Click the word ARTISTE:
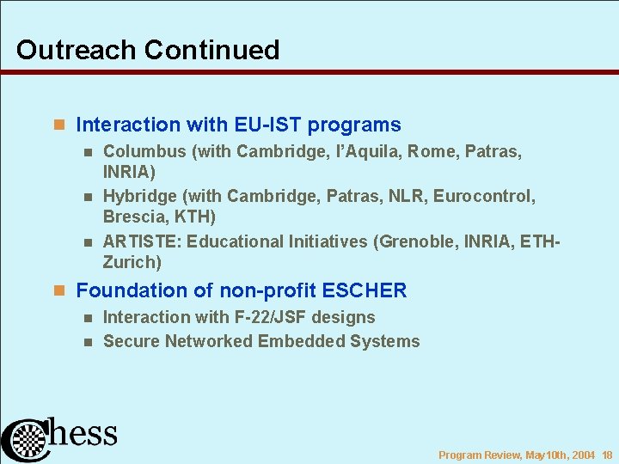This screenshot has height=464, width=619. [141, 241]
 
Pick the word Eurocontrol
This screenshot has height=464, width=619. [484, 197]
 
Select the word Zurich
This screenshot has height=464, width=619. [132, 262]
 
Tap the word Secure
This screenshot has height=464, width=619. [131, 341]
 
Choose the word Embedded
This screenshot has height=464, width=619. [304, 341]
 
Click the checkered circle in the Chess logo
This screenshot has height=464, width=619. [29, 441]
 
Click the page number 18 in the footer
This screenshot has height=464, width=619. [607, 455]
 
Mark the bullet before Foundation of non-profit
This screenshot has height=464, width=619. [59, 291]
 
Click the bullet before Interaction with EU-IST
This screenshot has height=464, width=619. [59, 125]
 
